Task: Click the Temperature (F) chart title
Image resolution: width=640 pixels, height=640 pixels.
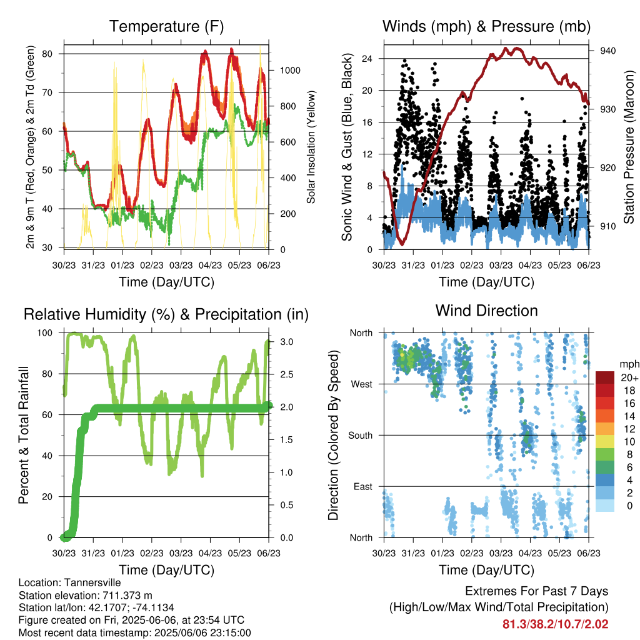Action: click(x=166, y=26)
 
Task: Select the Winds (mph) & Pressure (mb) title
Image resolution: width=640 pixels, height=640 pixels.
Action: click(x=486, y=26)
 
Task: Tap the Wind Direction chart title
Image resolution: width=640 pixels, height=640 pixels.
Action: click(x=486, y=311)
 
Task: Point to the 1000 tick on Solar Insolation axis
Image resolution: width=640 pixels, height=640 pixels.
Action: click(x=290, y=70)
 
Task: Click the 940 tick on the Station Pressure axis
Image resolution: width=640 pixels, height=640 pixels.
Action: click(x=607, y=51)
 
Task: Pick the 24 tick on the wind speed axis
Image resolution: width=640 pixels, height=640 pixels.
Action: click(x=367, y=58)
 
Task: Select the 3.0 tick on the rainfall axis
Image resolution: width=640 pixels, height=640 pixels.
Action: click(x=287, y=342)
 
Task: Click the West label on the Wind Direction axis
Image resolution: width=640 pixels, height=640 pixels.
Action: click(x=362, y=384)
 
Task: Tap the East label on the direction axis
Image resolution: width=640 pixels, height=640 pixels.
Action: click(x=363, y=486)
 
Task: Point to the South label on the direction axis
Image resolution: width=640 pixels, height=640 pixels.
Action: click(x=361, y=436)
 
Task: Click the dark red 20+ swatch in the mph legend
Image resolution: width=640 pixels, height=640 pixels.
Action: click(x=605, y=377)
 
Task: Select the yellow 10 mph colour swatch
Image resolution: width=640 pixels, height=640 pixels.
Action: click(x=605, y=441)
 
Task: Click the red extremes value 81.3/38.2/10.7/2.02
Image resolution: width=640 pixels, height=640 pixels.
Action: click(x=556, y=624)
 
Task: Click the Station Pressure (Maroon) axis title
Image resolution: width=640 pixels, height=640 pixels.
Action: click(x=629, y=147)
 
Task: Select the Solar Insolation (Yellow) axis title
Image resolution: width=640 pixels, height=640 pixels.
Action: click(x=311, y=147)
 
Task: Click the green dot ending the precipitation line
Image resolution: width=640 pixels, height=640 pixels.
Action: click(x=267, y=406)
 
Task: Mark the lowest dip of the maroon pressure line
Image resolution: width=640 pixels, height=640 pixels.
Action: click(x=402, y=244)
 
